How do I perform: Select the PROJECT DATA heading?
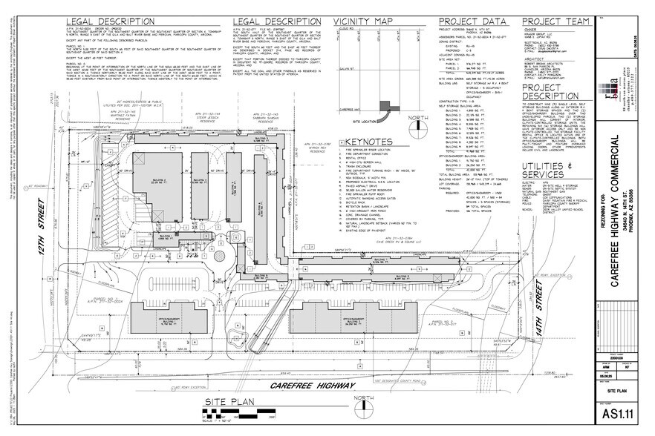(x=469, y=21)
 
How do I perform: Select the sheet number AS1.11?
(x=622, y=412)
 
